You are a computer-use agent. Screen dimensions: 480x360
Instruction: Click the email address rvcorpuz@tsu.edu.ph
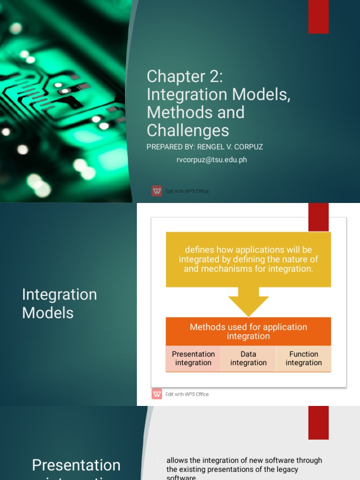pyautogui.click(x=211, y=160)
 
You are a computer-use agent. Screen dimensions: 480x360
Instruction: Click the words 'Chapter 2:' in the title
pyautogui.click(x=185, y=76)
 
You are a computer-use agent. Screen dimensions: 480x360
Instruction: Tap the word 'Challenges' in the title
pyautogui.click(x=187, y=130)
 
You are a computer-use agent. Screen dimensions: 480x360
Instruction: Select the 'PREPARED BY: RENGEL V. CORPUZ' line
pyautogui.click(x=204, y=147)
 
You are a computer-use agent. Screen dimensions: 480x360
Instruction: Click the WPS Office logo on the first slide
pyautogui.click(x=157, y=191)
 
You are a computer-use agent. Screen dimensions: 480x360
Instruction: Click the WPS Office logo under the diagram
pyautogui.click(x=157, y=394)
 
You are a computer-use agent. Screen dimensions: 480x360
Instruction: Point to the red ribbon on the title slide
pyautogui.click(x=318, y=17)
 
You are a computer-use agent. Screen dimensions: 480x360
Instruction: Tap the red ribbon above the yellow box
pyautogui.click(x=318, y=217)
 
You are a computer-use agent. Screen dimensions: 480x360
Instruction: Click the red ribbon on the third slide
pyautogui.click(x=318, y=422)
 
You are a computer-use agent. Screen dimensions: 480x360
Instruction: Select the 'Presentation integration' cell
pyautogui.click(x=193, y=359)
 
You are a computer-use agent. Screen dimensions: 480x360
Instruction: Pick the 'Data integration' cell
pyautogui.click(x=248, y=359)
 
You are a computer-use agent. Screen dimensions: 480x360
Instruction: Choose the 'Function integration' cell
pyautogui.click(x=304, y=359)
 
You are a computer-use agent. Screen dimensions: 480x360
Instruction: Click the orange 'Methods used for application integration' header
pyautogui.click(x=248, y=331)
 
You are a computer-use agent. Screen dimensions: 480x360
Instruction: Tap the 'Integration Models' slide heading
pyautogui.click(x=60, y=303)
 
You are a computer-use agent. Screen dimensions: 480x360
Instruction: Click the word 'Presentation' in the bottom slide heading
pyautogui.click(x=76, y=465)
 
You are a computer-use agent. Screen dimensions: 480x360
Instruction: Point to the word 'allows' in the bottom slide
pyautogui.click(x=177, y=460)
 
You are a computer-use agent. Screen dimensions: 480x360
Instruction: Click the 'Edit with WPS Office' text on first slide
pyautogui.click(x=187, y=191)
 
